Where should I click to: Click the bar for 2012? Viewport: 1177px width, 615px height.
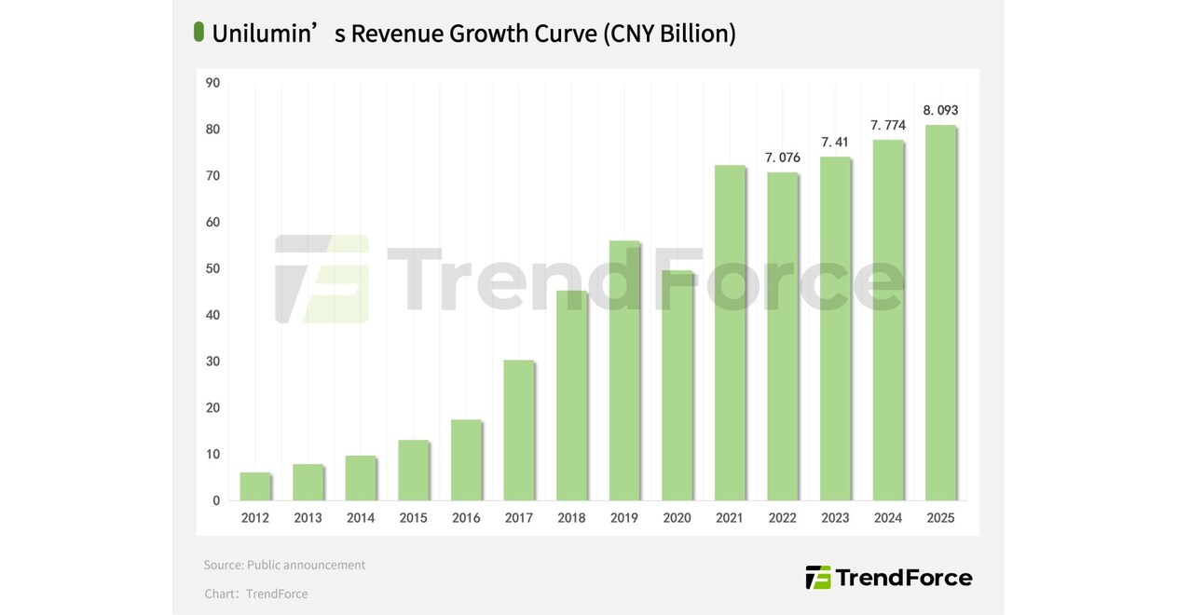point(254,486)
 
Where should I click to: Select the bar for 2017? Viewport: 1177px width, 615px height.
point(518,430)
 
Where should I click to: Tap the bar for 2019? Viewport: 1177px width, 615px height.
point(624,371)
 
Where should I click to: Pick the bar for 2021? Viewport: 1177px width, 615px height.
point(730,333)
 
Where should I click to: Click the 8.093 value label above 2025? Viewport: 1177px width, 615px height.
point(940,110)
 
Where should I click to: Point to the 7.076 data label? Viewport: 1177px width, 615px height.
point(783,157)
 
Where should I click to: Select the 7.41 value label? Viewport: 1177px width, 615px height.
point(835,142)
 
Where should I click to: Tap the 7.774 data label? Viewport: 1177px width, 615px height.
point(888,125)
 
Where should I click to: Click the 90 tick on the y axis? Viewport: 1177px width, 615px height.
point(213,83)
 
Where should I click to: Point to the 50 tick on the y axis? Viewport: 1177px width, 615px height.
point(213,268)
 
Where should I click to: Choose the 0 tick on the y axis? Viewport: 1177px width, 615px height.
point(216,500)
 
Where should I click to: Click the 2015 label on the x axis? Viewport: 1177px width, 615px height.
point(413,518)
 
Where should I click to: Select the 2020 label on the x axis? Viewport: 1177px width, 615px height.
point(677,518)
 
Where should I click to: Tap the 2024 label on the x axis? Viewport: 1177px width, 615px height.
point(888,518)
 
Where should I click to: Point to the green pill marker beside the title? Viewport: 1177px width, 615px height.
point(198,32)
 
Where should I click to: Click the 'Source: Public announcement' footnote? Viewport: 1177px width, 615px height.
point(284,565)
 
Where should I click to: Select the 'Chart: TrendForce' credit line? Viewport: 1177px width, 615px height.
point(256,594)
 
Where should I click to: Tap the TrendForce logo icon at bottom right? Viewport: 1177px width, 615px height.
point(817,578)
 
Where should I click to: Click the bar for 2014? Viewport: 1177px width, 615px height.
point(360,478)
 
